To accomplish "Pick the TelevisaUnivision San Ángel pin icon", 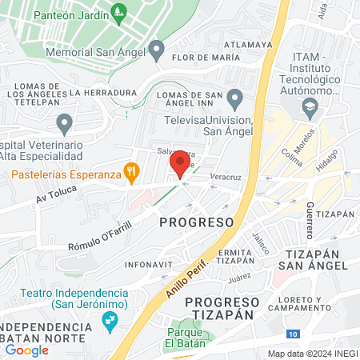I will tap(234, 99).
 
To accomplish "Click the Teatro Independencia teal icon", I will tap(110, 323).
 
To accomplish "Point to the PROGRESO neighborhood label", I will tap(197, 221).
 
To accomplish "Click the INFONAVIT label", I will tap(150, 264).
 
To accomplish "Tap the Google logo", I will tap(27, 350).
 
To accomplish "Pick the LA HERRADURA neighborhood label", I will tap(103, 92).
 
